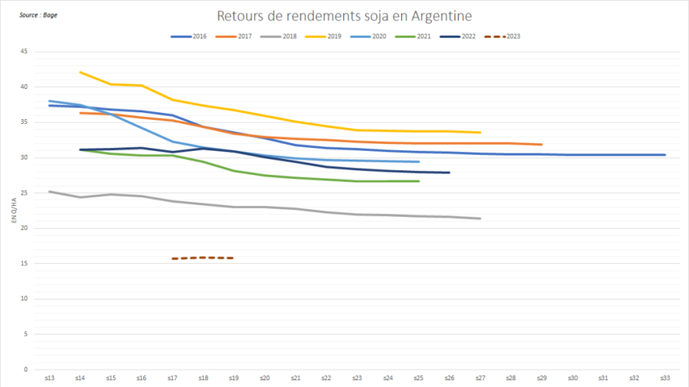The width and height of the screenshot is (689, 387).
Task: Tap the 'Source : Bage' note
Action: pyautogui.click(x=39, y=14)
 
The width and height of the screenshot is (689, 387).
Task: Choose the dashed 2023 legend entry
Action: pyautogui.click(x=503, y=36)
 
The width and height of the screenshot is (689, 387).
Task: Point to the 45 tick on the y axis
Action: pyautogui.click(x=24, y=52)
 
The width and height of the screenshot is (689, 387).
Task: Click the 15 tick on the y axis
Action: pyautogui.click(x=24, y=264)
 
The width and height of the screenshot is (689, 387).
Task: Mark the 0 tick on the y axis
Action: pyautogui.click(x=26, y=370)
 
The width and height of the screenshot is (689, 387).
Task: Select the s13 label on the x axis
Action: pyautogui.click(x=50, y=378)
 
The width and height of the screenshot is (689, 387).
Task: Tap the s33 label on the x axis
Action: pyautogui.click(x=664, y=378)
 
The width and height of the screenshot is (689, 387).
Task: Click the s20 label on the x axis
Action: pyautogui.click(x=265, y=378)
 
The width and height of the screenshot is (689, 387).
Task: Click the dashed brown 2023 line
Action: pyautogui.click(x=203, y=258)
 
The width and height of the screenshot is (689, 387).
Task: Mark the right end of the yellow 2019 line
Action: pyautogui.click(x=480, y=132)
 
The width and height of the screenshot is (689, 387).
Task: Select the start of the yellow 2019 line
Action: pyautogui.click(x=81, y=72)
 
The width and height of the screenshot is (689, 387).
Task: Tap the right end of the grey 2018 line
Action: pyautogui.click(x=480, y=218)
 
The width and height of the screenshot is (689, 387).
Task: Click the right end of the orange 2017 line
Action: pyautogui.click(x=542, y=145)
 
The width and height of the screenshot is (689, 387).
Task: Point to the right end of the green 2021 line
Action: pyautogui.click(x=418, y=181)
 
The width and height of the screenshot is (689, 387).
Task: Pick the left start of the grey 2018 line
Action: pyautogui.click(x=50, y=191)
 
